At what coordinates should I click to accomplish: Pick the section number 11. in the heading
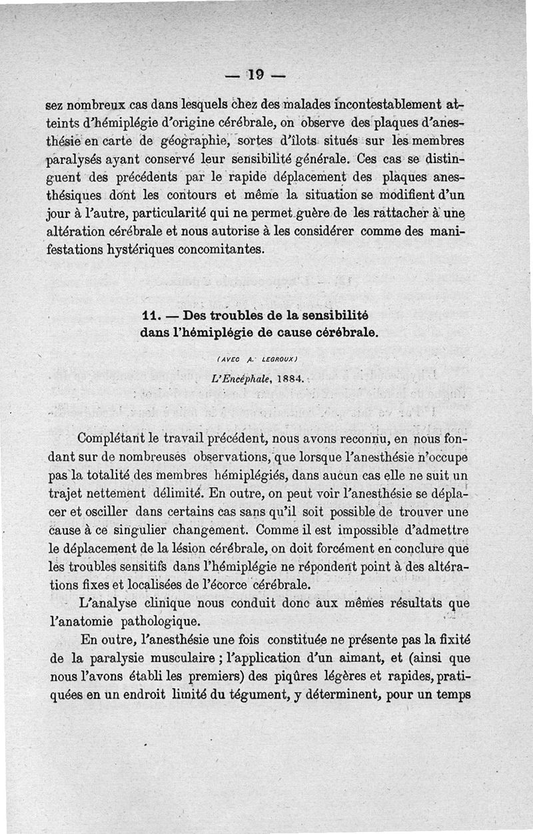[x=153, y=315]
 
